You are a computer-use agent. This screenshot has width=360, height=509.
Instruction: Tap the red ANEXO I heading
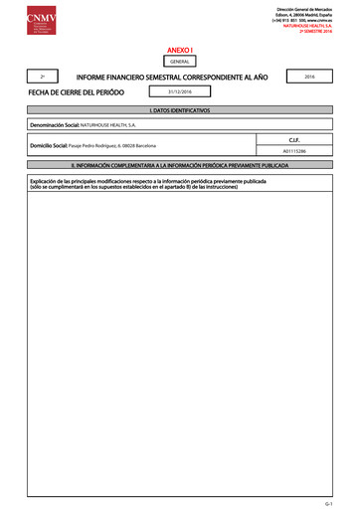179,48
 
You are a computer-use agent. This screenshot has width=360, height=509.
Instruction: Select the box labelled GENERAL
179,62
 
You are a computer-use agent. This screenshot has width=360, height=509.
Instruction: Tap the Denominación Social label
54,128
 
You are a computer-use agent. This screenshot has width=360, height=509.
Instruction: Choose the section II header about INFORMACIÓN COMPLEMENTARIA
179,164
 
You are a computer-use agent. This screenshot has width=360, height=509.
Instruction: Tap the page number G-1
340,502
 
